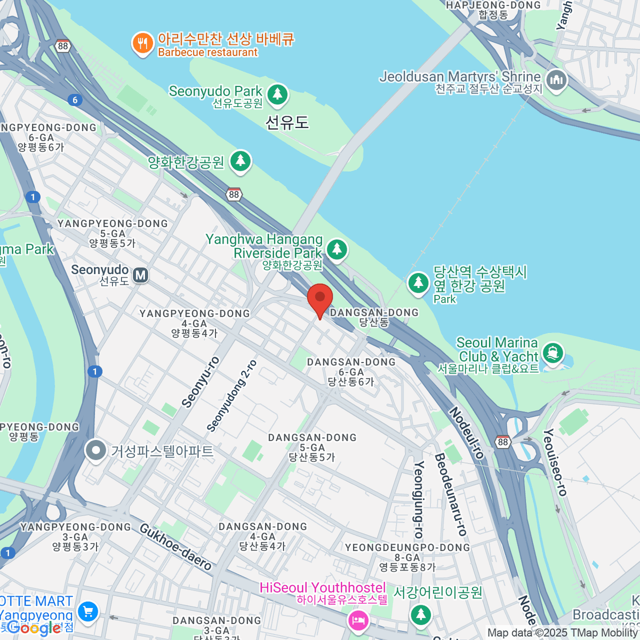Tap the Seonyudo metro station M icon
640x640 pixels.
[x=141, y=275]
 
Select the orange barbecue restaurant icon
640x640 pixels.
[x=142, y=44]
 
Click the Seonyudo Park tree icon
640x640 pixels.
[x=277, y=94]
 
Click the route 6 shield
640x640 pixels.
[x=75, y=100]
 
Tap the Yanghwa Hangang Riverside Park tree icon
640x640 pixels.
[x=337, y=249]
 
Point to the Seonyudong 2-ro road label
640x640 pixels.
[x=231, y=395]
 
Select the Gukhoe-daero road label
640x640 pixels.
[x=176, y=547]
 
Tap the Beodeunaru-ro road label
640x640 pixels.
[x=451, y=495]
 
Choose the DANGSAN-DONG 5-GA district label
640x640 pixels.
[x=312, y=447]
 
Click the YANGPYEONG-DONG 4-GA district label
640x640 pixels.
[x=195, y=323]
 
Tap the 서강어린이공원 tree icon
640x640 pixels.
[x=421, y=614]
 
